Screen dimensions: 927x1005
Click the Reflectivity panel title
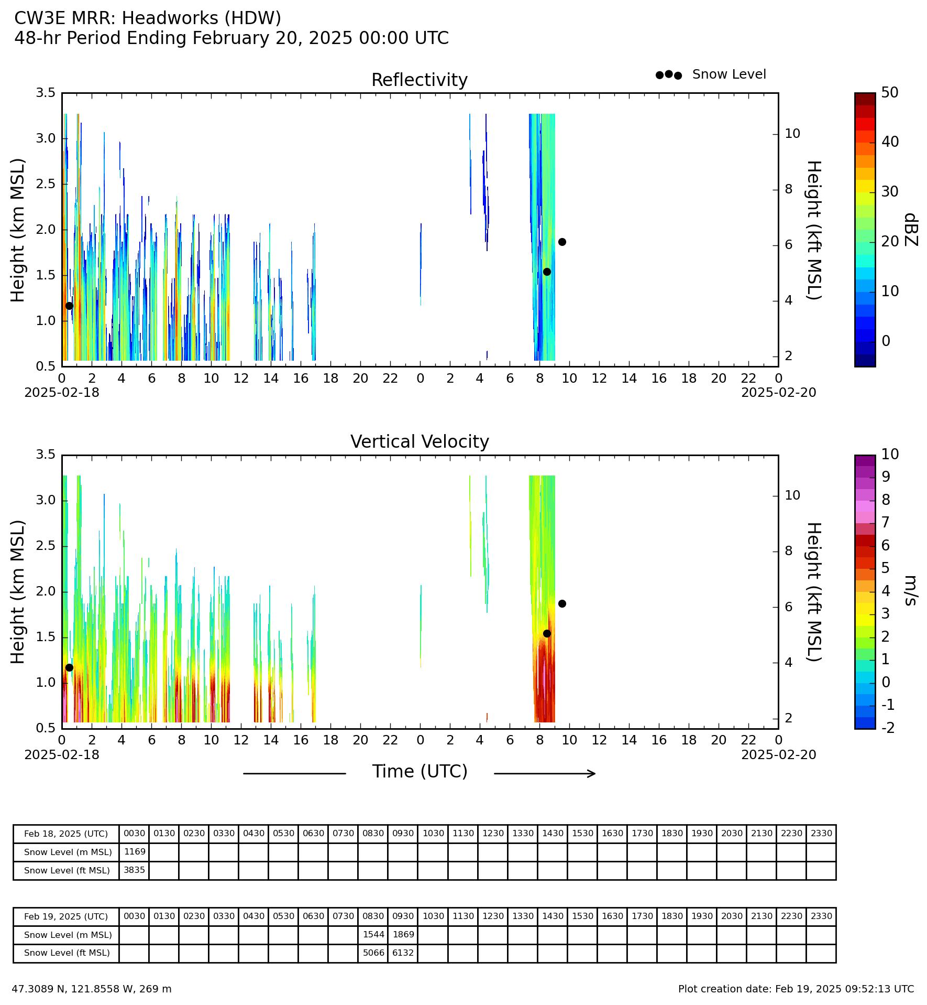(419, 80)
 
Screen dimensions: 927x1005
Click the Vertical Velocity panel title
(420, 442)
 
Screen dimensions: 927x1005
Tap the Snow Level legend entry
(711, 74)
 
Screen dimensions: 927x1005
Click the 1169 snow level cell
(134, 852)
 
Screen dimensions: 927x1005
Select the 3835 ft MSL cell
(134, 870)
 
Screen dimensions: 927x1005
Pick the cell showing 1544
(373, 935)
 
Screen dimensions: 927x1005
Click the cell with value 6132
(403, 953)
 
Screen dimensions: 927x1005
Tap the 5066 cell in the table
(373, 953)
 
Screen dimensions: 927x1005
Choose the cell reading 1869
(403, 935)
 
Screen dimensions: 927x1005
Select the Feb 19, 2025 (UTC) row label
(66, 917)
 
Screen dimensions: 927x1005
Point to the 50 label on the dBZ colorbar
(890, 93)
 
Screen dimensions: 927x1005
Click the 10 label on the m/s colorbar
(890, 454)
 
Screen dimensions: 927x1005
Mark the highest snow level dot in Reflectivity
(562, 242)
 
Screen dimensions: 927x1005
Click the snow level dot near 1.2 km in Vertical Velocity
(69, 667)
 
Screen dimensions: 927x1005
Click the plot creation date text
(796, 989)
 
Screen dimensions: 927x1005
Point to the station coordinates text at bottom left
(92, 989)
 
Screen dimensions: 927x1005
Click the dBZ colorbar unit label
(911, 230)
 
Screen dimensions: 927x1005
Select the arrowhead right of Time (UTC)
(592, 773)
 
